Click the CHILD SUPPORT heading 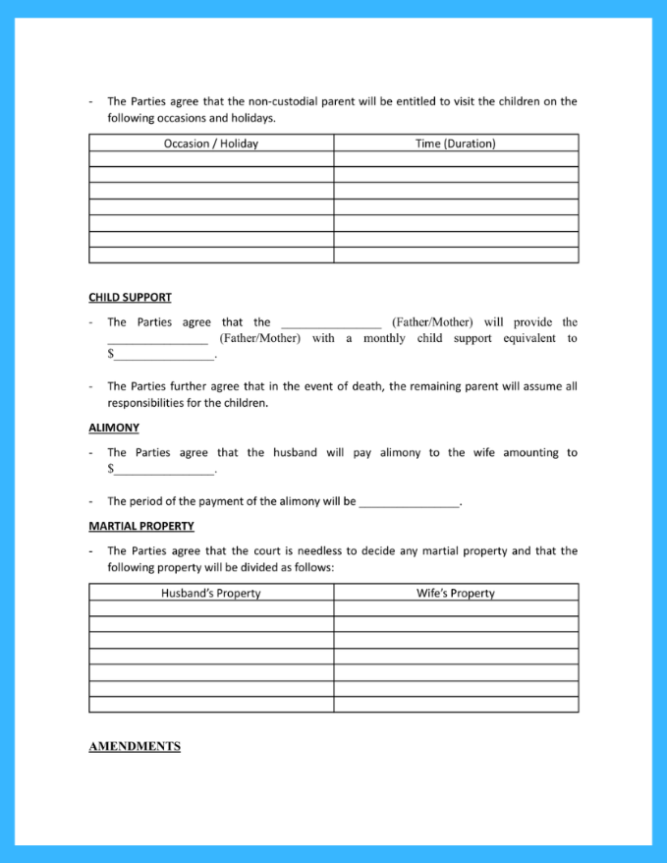130,297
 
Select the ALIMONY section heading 114,428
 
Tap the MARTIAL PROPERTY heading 141,526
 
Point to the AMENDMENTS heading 135,746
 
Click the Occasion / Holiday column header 211,144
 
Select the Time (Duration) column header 456,144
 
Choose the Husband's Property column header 211,593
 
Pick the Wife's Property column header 456,593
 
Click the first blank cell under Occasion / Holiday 211,159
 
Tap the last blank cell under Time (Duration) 456,256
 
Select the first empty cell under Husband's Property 211,608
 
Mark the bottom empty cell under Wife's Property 456,704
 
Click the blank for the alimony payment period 409,502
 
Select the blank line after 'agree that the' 331,323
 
